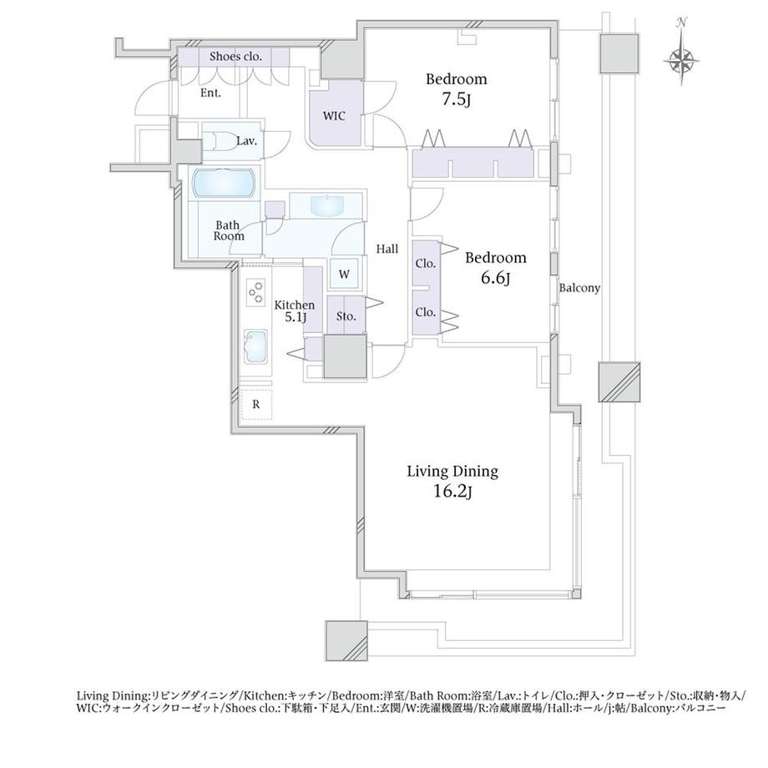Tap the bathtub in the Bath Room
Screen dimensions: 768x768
point(224,184)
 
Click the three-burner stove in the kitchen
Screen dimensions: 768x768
point(256,293)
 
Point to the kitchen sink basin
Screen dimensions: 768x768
point(256,346)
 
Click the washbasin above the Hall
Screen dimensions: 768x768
point(326,205)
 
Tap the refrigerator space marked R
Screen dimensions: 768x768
point(256,405)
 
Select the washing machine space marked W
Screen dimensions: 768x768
point(344,274)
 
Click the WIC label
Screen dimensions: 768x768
point(334,116)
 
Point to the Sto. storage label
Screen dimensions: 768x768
point(346,316)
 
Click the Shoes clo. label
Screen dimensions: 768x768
point(235,56)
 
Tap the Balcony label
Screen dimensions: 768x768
point(579,288)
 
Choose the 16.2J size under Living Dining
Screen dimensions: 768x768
point(452,491)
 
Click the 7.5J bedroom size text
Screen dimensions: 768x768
point(456,99)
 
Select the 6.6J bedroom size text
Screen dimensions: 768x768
point(495,278)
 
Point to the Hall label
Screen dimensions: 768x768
point(387,250)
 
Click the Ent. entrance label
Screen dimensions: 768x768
point(210,93)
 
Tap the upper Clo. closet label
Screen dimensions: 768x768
point(425,264)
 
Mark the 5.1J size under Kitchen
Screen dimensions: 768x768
point(296,317)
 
